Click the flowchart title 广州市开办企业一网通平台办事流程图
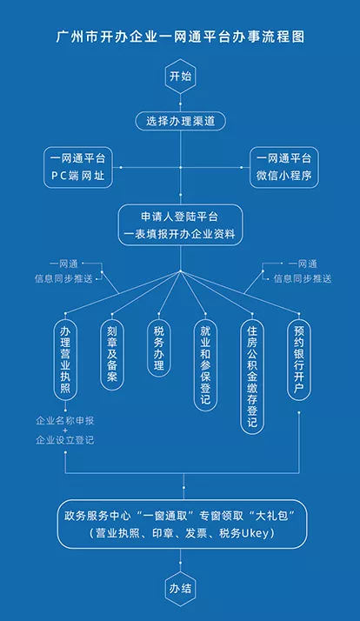(180, 37)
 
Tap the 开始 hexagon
(180, 76)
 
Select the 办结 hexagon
(180, 589)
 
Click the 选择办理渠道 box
(181, 121)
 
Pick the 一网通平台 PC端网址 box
(78, 167)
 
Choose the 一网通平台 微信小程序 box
(284, 167)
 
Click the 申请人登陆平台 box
(180, 225)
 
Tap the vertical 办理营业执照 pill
(65, 360)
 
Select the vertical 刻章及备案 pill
(112, 355)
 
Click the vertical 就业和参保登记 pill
(205, 365)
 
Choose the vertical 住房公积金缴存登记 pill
(252, 377)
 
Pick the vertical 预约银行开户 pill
(299, 360)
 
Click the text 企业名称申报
(65, 421)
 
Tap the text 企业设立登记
(65, 440)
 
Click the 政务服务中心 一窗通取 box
(183, 524)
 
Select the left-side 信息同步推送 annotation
(63, 279)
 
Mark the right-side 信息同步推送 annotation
(303, 279)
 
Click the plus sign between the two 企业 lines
(65, 431)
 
